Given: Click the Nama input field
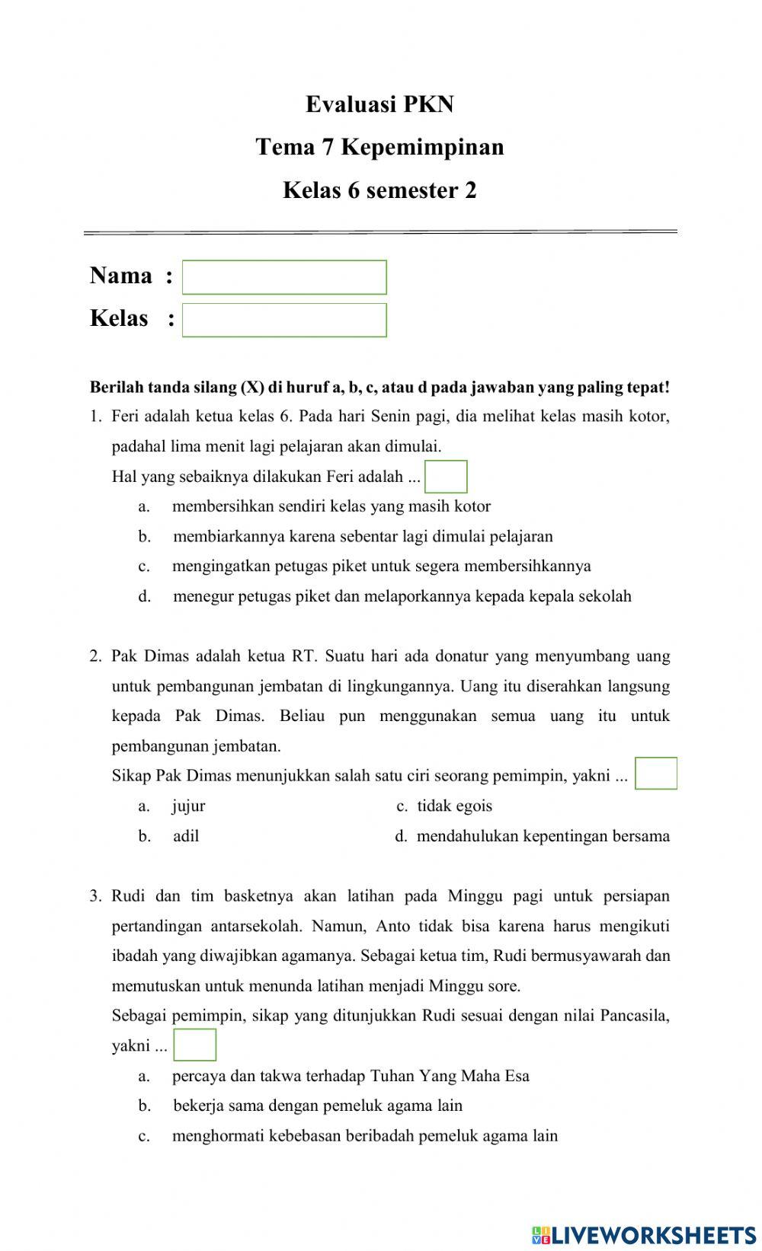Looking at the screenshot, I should [284, 277].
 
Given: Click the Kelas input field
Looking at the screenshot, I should [284, 320].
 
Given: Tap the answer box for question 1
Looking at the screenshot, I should [446, 477].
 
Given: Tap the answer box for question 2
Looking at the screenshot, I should [655, 774].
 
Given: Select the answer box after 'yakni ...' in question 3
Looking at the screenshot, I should [195, 1045].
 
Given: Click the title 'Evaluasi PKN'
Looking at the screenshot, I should [379, 104].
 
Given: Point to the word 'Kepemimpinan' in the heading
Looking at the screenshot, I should [422, 147].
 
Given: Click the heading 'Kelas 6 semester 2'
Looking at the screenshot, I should [379, 190].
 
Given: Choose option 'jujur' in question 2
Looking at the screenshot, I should [188, 806].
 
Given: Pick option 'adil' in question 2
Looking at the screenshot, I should [186, 836].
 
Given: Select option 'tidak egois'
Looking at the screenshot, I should [454, 806].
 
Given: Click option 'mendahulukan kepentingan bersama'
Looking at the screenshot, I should [543, 836].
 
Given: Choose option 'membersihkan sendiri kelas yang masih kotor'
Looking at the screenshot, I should [331, 506].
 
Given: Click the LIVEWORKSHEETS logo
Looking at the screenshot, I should [644, 1233].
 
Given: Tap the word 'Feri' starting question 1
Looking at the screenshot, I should [126, 416].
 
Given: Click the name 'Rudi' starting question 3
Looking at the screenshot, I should [127, 896].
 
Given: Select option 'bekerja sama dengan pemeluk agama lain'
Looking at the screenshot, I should [318, 1106].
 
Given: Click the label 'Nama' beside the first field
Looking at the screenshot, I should [121, 276].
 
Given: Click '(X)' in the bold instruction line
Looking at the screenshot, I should [252, 387].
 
